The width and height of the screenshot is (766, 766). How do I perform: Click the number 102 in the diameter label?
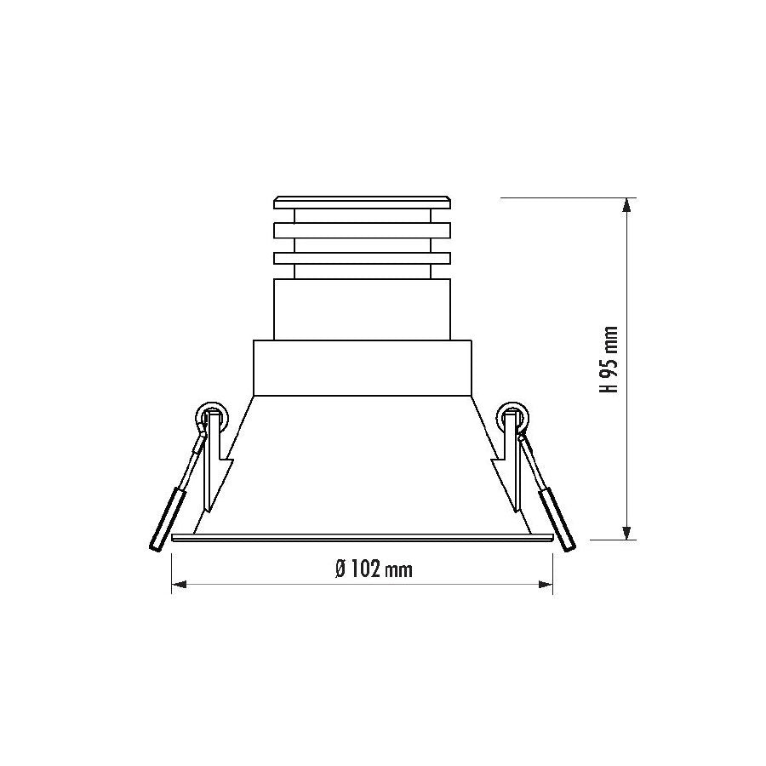[x=364, y=569]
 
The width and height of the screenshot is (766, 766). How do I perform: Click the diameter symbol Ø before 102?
[x=340, y=569]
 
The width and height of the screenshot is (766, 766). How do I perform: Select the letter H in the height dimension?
[x=609, y=386]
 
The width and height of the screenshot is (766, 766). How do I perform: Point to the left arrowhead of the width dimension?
[x=179, y=584]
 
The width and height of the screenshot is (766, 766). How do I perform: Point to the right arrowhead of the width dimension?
[x=546, y=584]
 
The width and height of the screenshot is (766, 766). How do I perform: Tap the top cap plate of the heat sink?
[x=362, y=203]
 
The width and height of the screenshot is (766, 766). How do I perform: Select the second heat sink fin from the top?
[x=362, y=231]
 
